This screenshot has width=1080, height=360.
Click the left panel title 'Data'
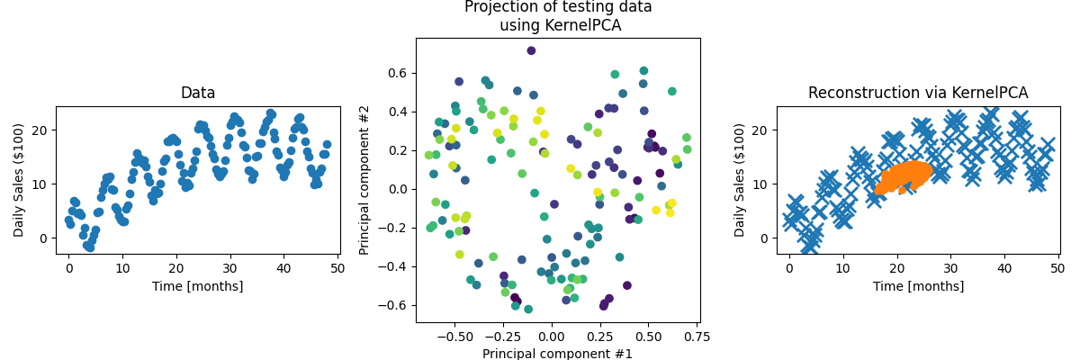click(x=198, y=93)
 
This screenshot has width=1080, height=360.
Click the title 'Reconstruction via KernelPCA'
click(x=918, y=93)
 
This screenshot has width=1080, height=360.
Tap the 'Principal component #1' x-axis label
click(x=557, y=353)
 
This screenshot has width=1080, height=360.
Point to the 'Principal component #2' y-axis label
click(x=364, y=180)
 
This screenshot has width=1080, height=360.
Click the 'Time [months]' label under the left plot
click(x=198, y=286)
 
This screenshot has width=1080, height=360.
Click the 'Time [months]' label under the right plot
click(x=918, y=286)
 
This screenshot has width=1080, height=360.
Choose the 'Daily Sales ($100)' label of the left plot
click(x=19, y=180)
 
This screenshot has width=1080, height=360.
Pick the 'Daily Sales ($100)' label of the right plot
click(x=740, y=180)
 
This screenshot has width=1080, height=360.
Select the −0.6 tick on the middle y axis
click(x=395, y=305)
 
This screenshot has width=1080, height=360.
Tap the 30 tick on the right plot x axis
click(x=950, y=268)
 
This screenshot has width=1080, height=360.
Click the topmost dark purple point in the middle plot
click(x=531, y=50)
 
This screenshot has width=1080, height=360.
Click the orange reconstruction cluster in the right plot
click(x=904, y=176)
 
